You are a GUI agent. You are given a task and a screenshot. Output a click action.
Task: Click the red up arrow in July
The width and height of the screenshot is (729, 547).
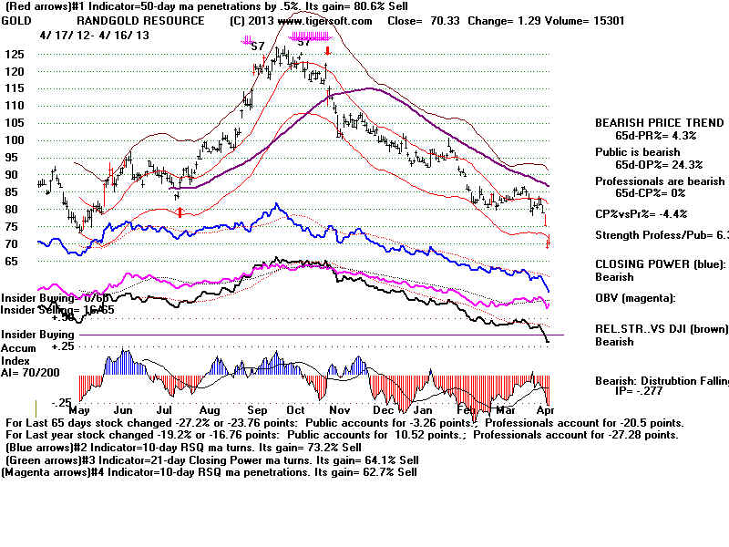click(180, 212)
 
